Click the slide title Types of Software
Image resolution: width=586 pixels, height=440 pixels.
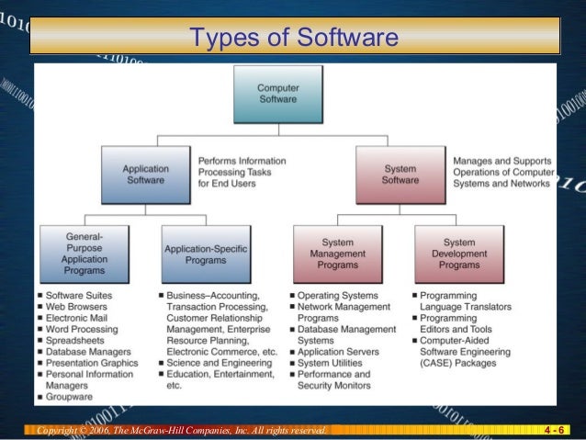[x=293, y=39]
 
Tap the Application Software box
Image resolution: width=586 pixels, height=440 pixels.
[x=143, y=175]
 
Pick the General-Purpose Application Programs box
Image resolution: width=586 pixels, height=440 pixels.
[x=84, y=253]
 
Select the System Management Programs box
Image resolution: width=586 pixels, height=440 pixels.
[x=337, y=253]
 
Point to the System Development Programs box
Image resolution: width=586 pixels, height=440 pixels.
[x=458, y=253]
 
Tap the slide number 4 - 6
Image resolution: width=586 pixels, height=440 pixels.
[x=554, y=430]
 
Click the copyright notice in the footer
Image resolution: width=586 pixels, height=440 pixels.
[x=180, y=430]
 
